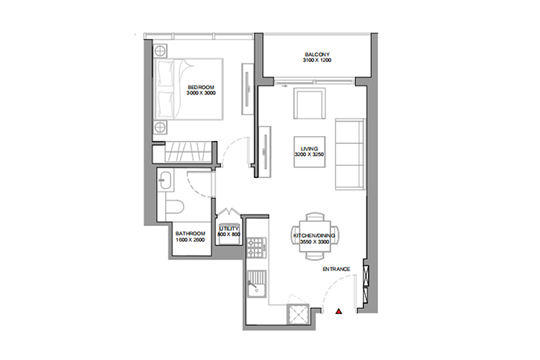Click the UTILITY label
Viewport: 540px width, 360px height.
coord(229,228)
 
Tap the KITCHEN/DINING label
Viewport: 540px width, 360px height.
coord(315,236)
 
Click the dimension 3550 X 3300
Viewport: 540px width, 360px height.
coord(315,243)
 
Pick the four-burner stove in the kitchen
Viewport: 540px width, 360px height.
coord(254,251)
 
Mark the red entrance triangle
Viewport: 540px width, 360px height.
coord(338,312)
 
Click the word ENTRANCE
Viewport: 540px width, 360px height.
coord(336,269)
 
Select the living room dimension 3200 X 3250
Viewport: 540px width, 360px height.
coord(310,154)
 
